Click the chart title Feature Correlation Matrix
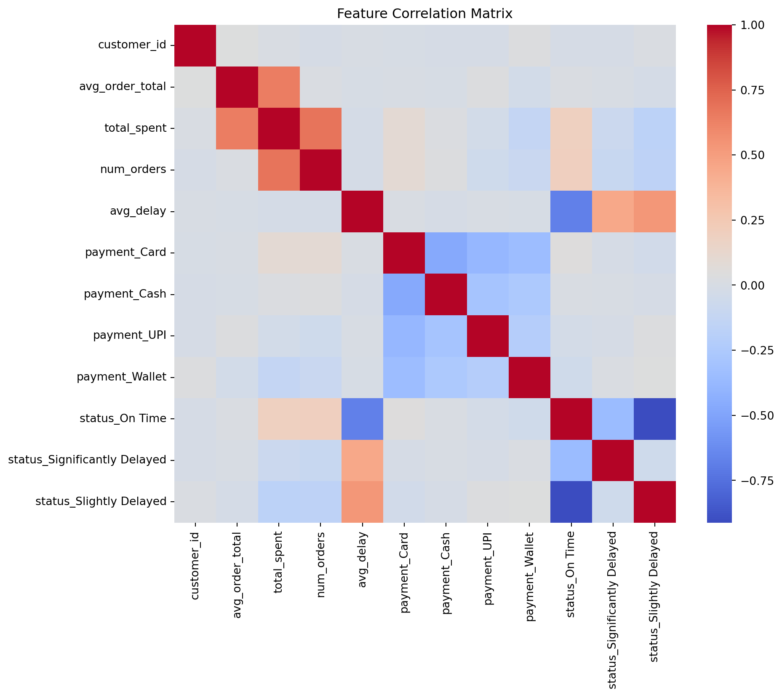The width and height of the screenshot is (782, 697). point(424,14)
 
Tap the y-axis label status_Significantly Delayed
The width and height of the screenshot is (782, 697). point(87,460)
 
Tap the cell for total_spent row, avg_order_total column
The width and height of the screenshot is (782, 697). point(237,128)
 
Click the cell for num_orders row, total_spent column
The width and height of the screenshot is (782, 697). point(279,170)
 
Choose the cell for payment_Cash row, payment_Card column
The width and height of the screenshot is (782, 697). point(404,294)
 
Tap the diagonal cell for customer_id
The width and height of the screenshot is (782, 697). point(195,45)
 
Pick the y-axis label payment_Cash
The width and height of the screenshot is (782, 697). point(125,294)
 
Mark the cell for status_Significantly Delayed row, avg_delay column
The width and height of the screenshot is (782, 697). point(362,460)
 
